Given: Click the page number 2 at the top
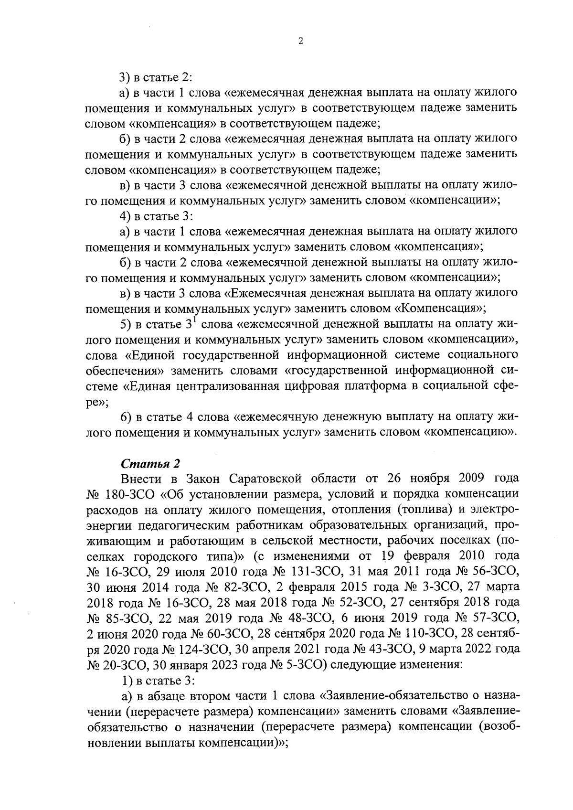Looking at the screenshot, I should point(300,41).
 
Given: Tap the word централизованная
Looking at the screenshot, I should point(223,386).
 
